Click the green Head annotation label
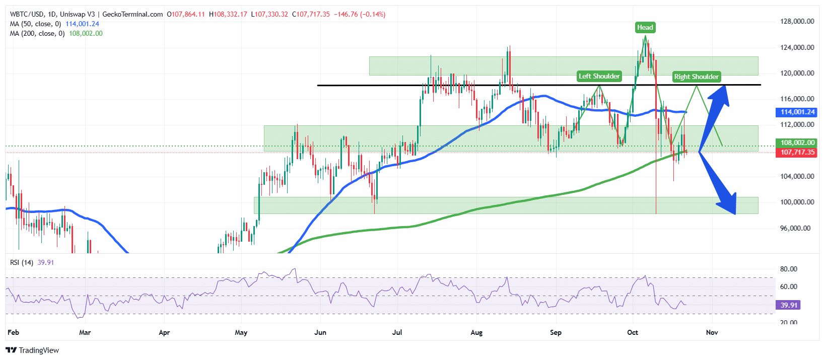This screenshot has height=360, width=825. click(645, 27)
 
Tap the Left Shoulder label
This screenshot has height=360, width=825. click(599, 77)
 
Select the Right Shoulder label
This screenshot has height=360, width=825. click(696, 77)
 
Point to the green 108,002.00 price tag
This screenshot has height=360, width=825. click(797, 143)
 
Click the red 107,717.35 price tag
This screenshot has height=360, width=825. click(797, 152)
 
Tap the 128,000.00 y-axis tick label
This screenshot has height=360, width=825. click(797, 22)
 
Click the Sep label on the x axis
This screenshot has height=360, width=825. click(556, 332)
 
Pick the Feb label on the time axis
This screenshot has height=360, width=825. click(13, 332)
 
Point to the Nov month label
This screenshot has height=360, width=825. click(712, 332)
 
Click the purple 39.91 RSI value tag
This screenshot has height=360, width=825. click(789, 305)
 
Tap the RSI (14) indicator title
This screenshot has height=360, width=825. click(22, 262)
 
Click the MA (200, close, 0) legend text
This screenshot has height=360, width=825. click(37, 34)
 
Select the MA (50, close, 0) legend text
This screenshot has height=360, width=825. click(35, 24)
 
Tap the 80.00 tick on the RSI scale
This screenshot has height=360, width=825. click(788, 269)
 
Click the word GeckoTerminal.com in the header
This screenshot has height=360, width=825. click(132, 15)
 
